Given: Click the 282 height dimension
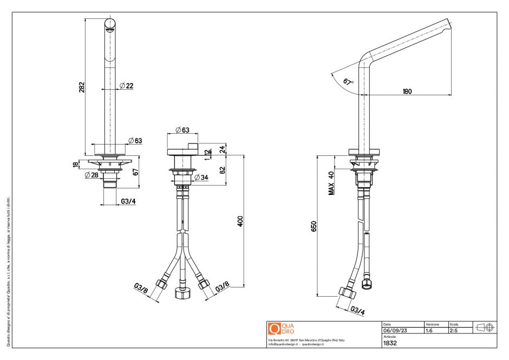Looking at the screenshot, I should click(x=82, y=87).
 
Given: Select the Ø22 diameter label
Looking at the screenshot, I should click(x=127, y=86).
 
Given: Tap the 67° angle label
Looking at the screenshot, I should click(x=348, y=81).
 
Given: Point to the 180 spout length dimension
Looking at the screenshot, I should click(x=407, y=91).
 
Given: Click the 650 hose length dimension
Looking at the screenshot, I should click(x=314, y=226).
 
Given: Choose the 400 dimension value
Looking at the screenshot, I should click(x=240, y=221).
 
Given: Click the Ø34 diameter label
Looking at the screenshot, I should click(x=201, y=178).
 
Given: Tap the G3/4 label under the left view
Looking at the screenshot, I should click(x=128, y=201).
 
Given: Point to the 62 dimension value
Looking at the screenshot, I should click(x=222, y=170).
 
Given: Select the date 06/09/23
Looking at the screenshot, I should click(x=394, y=330).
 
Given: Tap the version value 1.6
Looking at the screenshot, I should click(x=429, y=330).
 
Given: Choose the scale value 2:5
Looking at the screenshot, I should click(x=454, y=330).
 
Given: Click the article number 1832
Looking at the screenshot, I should click(x=390, y=343).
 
